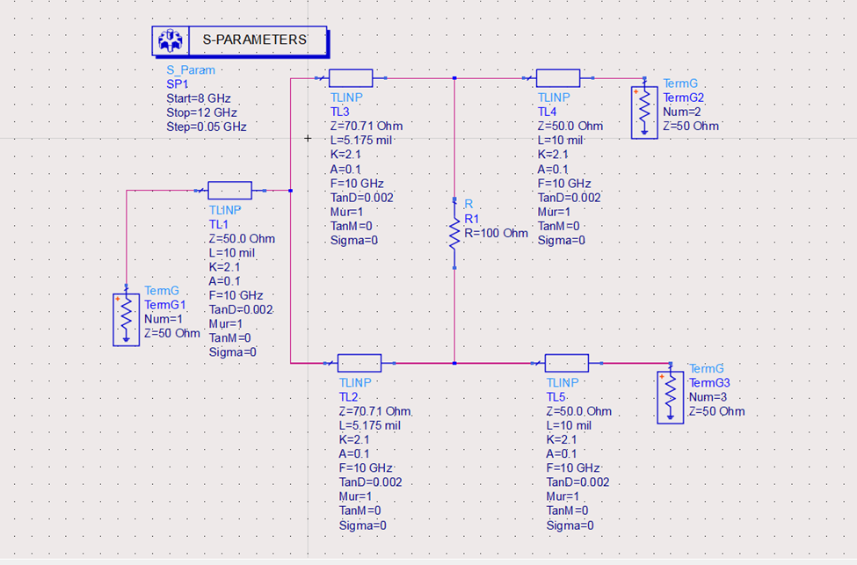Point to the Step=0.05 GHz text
[207, 127]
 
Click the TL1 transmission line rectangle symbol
[229, 191]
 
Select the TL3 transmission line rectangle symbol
[351, 78]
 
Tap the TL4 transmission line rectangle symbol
[557, 78]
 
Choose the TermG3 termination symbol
[671, 397]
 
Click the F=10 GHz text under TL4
[569, 184]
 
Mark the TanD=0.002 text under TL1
[242, 309]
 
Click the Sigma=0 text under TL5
[570, 525]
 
